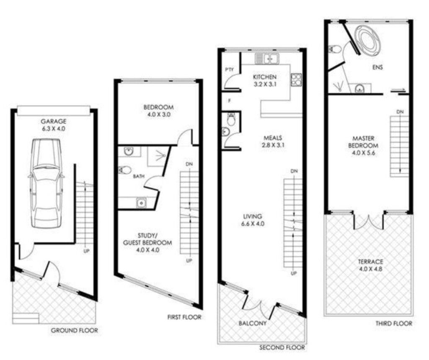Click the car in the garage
pos(46,183)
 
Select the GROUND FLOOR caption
pos(75,330)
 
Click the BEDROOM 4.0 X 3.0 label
pos(158,111)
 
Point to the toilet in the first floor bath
pos(124,170)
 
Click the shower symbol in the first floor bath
pos(160,155)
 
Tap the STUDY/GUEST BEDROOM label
pos(147,243)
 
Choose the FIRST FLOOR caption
pos(184,317)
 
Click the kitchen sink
pos(267,58)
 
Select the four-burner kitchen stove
pos(296,80)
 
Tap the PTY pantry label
pos(229,70)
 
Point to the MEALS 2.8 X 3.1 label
pos(273,141)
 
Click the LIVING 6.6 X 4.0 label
pos(253,220)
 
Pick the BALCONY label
pos(252,323)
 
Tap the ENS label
pos(377,67)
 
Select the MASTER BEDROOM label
pos(363,145)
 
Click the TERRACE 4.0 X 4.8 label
pos(370,265)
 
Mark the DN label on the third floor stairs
pos(400,112)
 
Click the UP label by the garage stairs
pos(86,251)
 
